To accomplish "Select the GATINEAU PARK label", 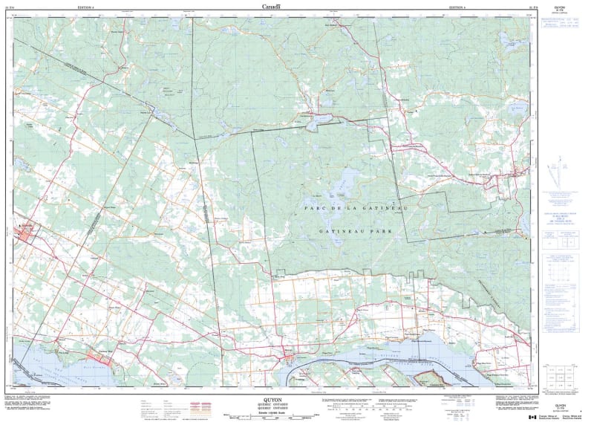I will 365,232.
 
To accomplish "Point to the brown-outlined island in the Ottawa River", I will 430,378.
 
